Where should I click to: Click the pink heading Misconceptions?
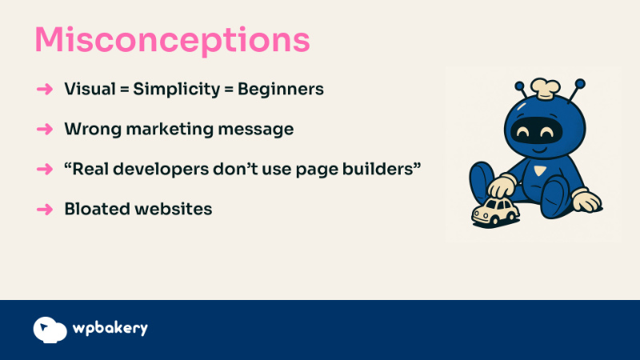point(172,40)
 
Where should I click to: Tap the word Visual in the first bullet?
point(90,89)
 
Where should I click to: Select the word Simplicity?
point(177,90)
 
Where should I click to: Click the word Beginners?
point(281,90)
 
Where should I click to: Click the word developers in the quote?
point(161,170)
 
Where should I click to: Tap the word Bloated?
point(97,209)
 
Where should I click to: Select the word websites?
point(174,209)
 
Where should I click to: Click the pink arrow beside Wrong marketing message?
point(45,129)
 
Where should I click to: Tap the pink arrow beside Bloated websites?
point(45,210)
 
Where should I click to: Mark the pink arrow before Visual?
point(45,89)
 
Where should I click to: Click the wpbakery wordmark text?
point(110,328)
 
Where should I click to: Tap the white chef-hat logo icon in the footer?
point(50,330)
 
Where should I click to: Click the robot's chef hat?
point(546,88)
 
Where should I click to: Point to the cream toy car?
point(495,210)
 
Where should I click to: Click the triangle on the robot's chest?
point(539,170)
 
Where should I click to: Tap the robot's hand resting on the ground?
point(586,201)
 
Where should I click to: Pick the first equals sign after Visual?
point(125,90)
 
